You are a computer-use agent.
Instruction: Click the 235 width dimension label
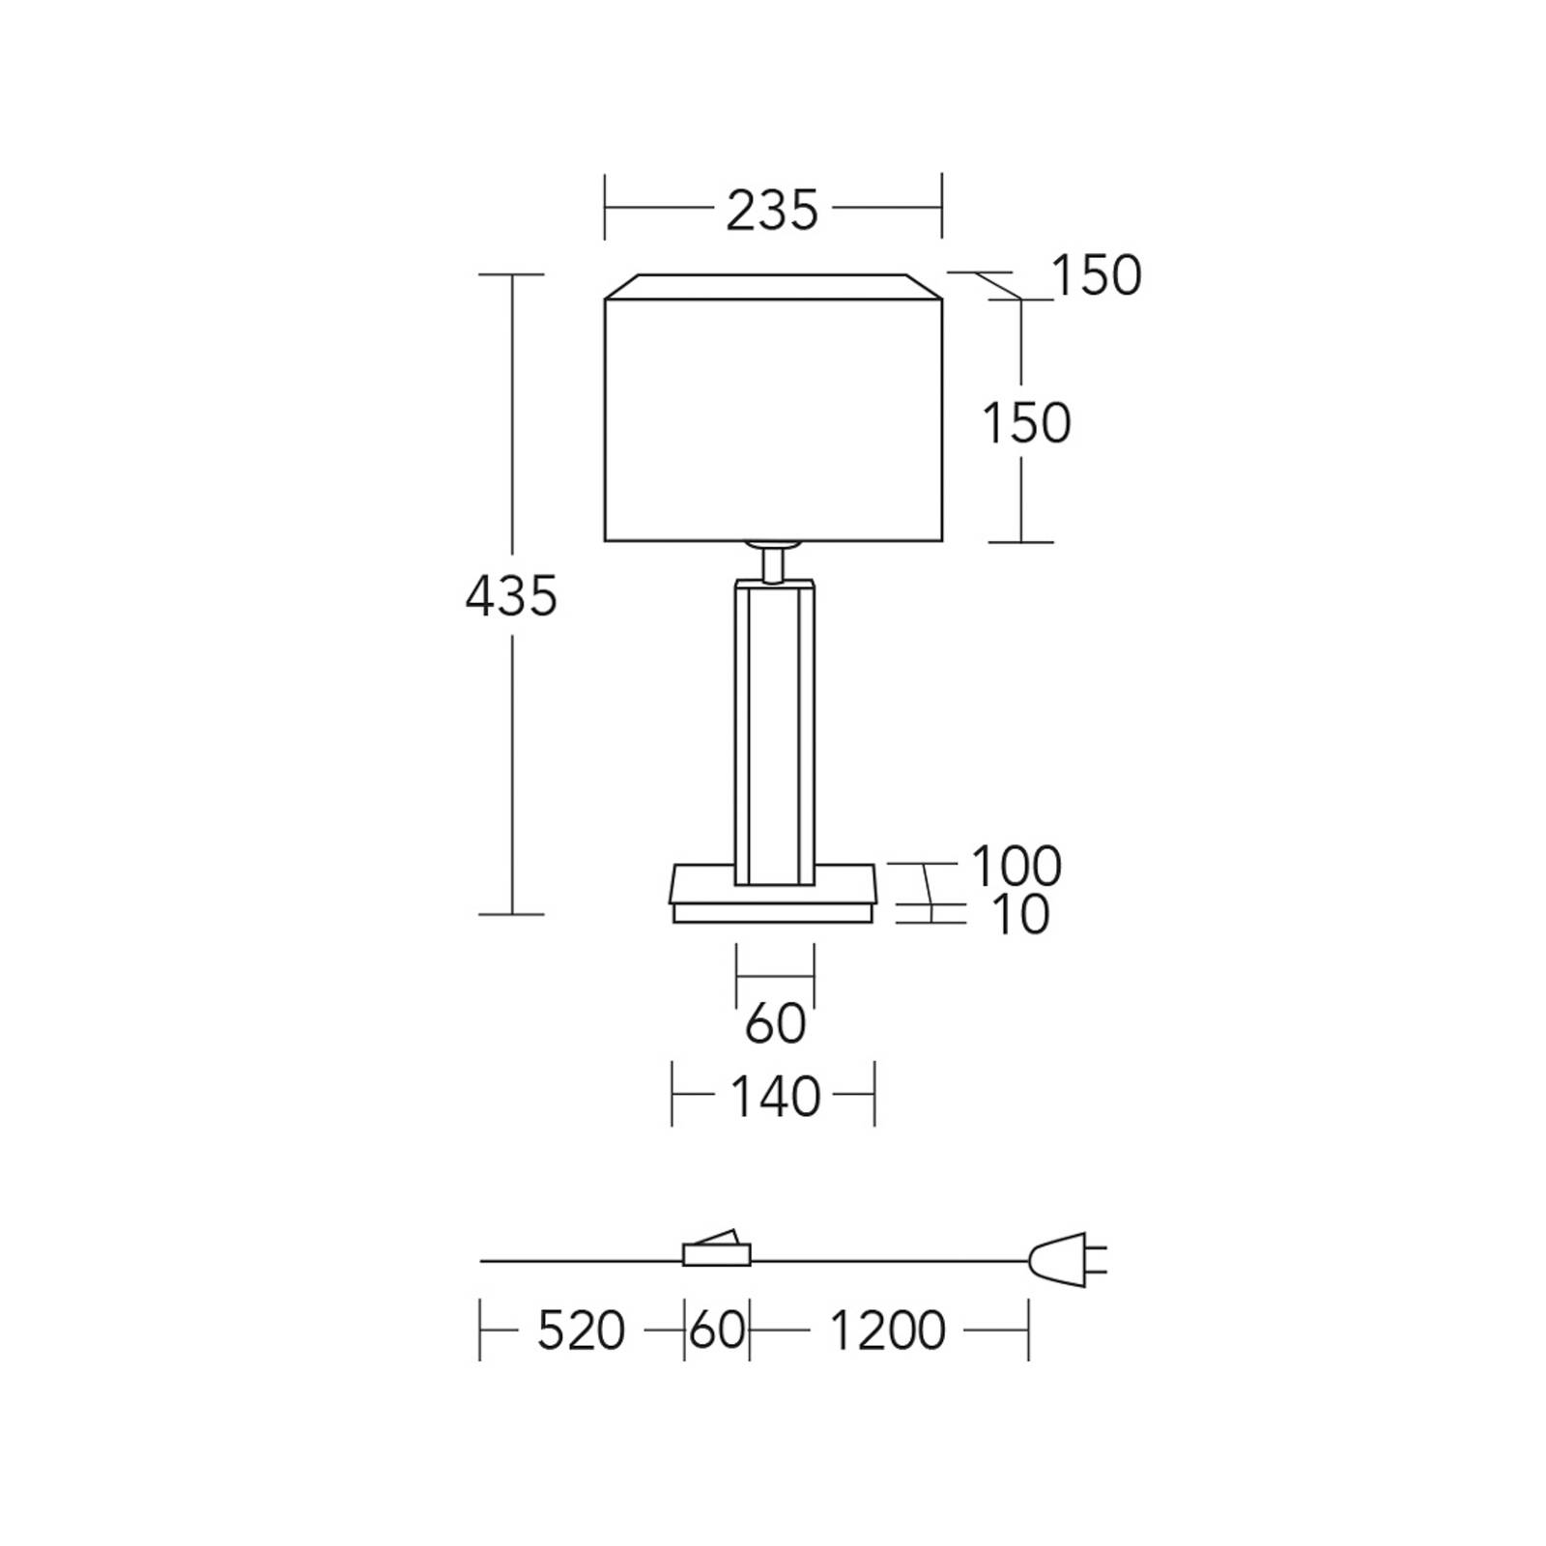coord(772,211)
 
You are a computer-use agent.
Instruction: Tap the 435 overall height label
coord(511,595)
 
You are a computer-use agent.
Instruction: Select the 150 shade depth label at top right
coord(1096,275)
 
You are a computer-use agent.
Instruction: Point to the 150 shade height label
coord(1026,423)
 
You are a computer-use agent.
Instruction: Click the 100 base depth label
coord(1016,866)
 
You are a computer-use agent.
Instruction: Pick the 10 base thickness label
coord(1020,914)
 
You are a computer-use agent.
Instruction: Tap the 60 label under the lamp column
coord(775,1023)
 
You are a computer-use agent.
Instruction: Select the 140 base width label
coord(775,1097)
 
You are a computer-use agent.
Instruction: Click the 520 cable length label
coord(582,1331)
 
